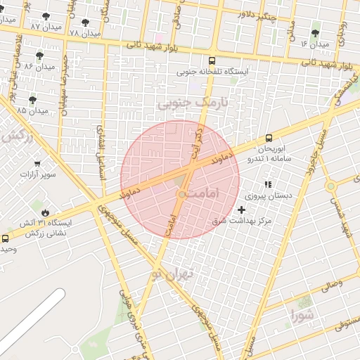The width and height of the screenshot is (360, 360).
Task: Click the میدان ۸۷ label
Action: tap(25, 26)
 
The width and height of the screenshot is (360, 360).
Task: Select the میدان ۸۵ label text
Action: tap(32, 110)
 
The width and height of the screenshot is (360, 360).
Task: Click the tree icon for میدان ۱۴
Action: tap(315, 33)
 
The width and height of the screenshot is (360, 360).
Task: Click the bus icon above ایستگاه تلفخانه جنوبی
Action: tap(212, 60)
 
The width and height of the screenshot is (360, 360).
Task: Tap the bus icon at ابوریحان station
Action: tap(269, 138)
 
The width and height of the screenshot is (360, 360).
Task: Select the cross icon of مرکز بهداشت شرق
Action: tap(243, 210)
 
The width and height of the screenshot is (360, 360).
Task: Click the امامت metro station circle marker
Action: tap(181, 193)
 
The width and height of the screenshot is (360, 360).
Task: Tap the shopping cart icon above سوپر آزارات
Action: tap(37, 163)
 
